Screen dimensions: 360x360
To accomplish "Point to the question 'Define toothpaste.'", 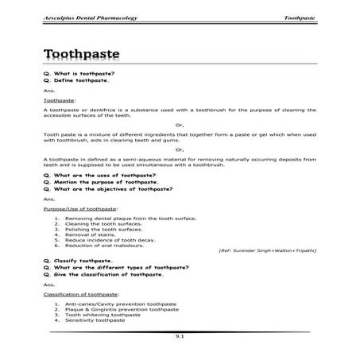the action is click(76, 80).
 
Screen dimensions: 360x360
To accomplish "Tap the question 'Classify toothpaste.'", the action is click(78, 260).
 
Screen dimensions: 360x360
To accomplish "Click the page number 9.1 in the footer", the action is click(180, 337).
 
